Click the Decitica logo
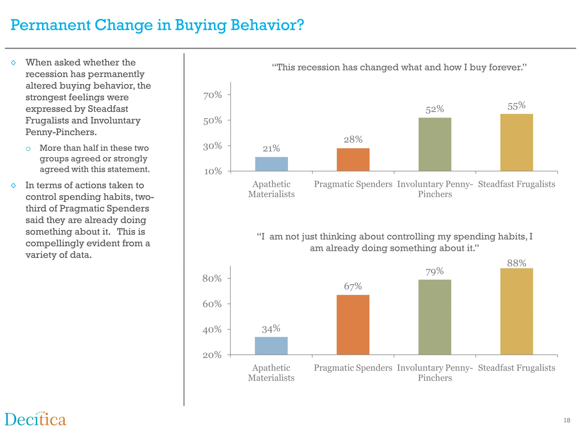tap(35, 419)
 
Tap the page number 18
tap(567, 420)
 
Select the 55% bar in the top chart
tap(516, 142)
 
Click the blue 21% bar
tap(271, 164)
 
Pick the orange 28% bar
tap(353, 159)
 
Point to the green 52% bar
tap(435, 144)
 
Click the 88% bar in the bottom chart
tap(516, 311)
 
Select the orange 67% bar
tap(353, 325)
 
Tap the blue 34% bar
tap(271, 346)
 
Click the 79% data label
tap(435, 271)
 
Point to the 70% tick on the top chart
tap(212, 95)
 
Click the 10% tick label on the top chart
tap(213, 171)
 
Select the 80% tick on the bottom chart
tap(212, 278)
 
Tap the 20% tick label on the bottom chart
tap(212, 355)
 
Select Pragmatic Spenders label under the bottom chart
tap(353, 368)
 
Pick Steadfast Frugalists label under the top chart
tap(516, 184)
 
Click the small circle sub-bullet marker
tap(28, 149)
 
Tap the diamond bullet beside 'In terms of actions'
tap(13, 185)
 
